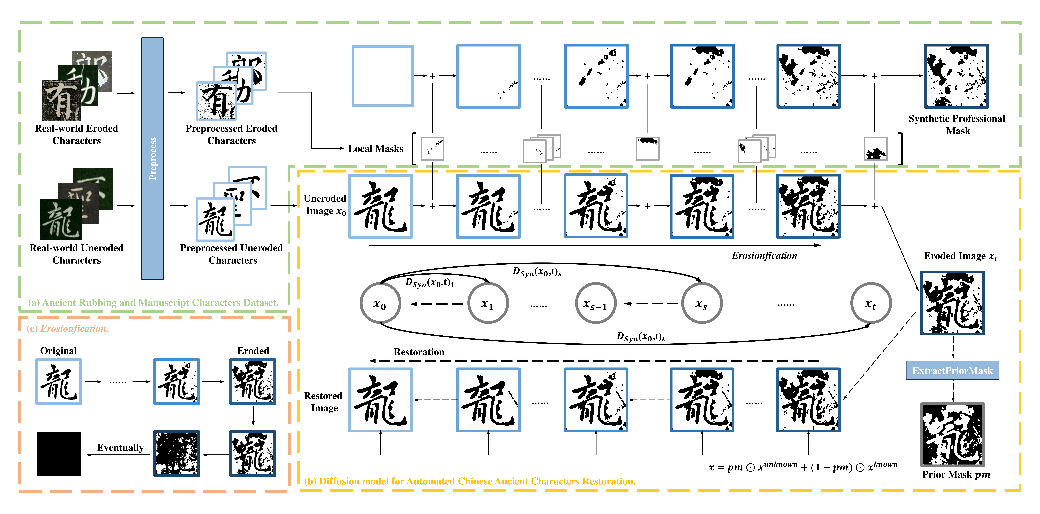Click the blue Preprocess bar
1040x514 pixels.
point(152,158)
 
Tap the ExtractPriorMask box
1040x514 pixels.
point(952,371)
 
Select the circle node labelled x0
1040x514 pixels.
point(380,303)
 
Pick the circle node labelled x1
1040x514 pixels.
point(488,303)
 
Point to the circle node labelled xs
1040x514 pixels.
point(702,303)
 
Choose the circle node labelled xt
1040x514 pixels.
point(870,303)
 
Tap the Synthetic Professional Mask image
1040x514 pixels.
point(956,76)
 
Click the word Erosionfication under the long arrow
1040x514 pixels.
point(764,255)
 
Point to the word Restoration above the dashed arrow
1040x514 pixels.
point(419,352)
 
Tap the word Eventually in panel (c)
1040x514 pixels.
point(120,447)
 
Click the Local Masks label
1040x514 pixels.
point(375,149)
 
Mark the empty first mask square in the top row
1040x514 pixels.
point(382,76)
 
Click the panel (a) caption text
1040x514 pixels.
point(153,303)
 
